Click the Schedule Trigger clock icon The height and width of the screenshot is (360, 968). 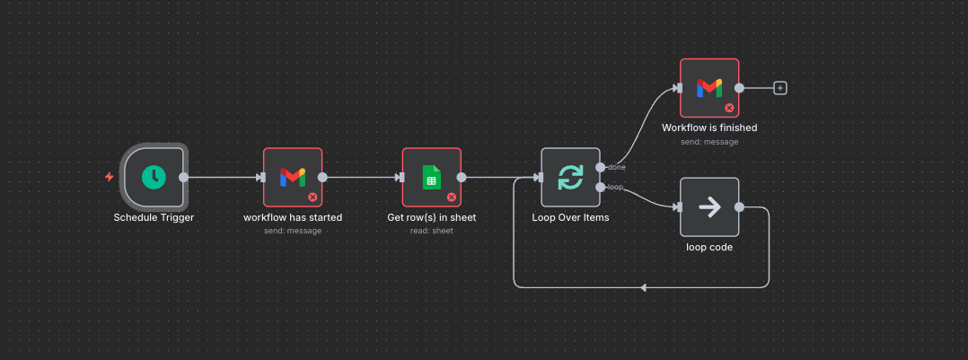point(154,177)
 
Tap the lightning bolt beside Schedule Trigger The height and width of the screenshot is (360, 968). point(110,177)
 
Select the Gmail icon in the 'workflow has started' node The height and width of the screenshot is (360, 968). point(293,177)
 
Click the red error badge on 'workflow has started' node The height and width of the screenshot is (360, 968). point(312,197)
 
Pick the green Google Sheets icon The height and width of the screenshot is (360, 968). point(431,177)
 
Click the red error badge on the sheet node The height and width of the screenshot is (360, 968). point(452,197)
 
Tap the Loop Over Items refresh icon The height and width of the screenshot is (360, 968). point(570,177)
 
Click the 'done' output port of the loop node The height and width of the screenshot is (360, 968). point(600,167)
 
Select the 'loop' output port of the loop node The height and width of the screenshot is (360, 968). point(600,187)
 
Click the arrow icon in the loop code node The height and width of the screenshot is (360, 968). point(709,206)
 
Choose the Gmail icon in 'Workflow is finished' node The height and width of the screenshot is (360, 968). point(709,87)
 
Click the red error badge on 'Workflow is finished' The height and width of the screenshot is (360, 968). point(729,108)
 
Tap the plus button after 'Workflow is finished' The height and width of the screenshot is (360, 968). point(780,88)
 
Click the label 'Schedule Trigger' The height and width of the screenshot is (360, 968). point(154,217)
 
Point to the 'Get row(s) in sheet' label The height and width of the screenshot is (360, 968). point(431,217)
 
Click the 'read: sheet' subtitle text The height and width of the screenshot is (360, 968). point(431,231)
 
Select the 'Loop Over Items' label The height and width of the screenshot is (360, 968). point(570,217)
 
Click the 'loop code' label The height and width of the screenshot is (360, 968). point(709,247)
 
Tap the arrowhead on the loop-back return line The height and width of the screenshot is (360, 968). point(643,287)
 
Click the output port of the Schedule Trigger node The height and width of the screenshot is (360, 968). point(184,177)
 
